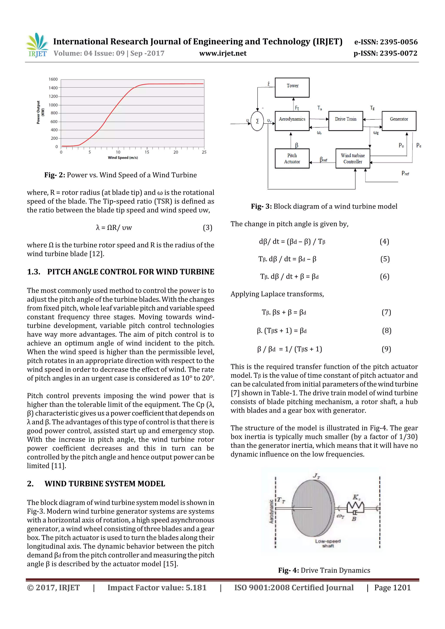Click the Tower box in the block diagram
pyautogui.click(x=292, y=87)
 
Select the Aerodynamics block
pyautogui.click(x=292, y=121)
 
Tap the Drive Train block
pyautogui.click(x=345, y=121)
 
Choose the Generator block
pyautogui.click(x=399, y=121)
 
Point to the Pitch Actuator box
pyautogui.click(x=292, y=158)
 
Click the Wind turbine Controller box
pyautogui.click(x=353, y=158)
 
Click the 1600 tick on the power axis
pyautogui.click(x=53, y=79)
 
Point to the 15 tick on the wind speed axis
pyautogui.click(x=147, y=152)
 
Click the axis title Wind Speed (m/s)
pyautogui.click(x=123, y=158)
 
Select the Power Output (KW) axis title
pyautogui.click(x=40, y=112)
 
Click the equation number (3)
pyautogui.click(x=207, y=228)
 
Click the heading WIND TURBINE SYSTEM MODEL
pyautogui.click(x=105, y=484)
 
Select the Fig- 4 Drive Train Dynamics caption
pyautogui.click(x=324, y=570)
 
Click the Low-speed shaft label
pyautogui.click(x=328, y=543)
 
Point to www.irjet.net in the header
pyautogui.click(x=223, y=53)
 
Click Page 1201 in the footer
pyautogui.click(x=392, y=588)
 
